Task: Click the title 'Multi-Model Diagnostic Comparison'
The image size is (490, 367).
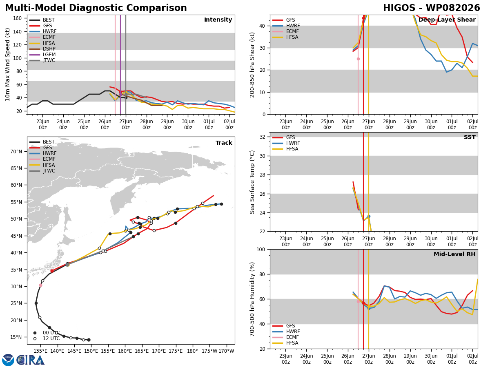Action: click(96, 8)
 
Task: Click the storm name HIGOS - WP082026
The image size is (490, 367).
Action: click(431, 8)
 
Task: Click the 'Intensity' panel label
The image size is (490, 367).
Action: click(218, 20)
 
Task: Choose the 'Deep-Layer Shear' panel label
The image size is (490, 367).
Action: click(447, 20)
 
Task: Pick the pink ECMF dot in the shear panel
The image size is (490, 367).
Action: click(358, 59)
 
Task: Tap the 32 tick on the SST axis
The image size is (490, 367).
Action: click(263, 137)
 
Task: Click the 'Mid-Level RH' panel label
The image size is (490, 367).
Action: click(454, 254)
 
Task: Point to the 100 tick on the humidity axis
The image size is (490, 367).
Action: click(261, 250)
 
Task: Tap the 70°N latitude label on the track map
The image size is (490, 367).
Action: click(16, 152)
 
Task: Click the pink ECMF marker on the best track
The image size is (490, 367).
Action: click(40, 285)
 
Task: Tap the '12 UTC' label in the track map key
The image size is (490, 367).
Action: click(51, 338)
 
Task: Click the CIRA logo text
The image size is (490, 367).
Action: click(30, 360)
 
